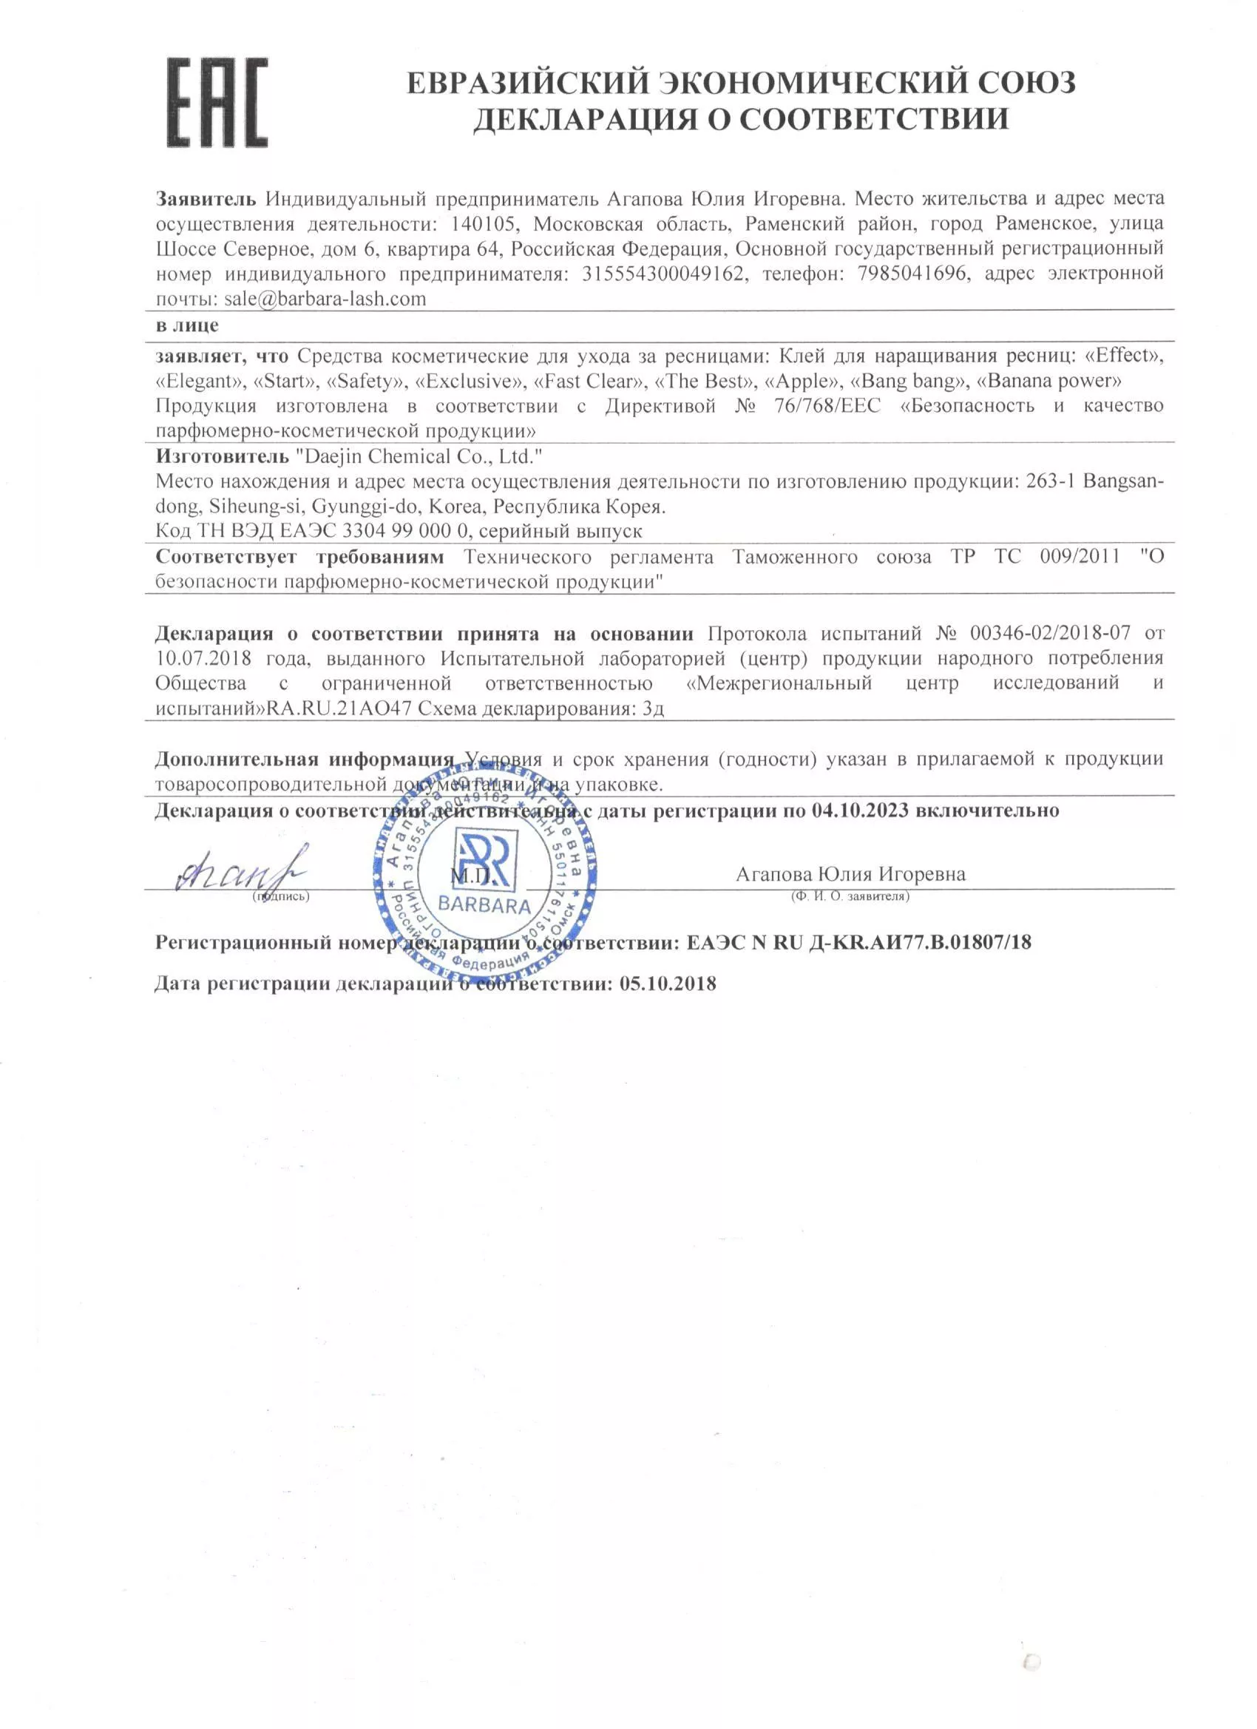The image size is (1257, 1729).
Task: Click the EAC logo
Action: pyautogui.click(x=217, y=103)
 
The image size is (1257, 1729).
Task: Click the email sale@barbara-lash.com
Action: pyautogui.click(x=325, y=299)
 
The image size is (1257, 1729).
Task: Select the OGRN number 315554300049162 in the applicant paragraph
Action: pyautogui.click(x=663, y=274)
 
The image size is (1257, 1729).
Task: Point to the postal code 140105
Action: pyautogui.click(x=487, y=224)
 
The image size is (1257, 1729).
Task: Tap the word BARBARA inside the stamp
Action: pyautogui.click(x=484, y=907)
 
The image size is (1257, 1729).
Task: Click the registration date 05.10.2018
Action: pyautogui.click(x=667, y=984)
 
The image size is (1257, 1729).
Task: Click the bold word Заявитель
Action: pyautogui.click(x=206, y=199)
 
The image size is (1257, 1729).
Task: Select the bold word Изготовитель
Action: pyautogui.click(x=222, y=456)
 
